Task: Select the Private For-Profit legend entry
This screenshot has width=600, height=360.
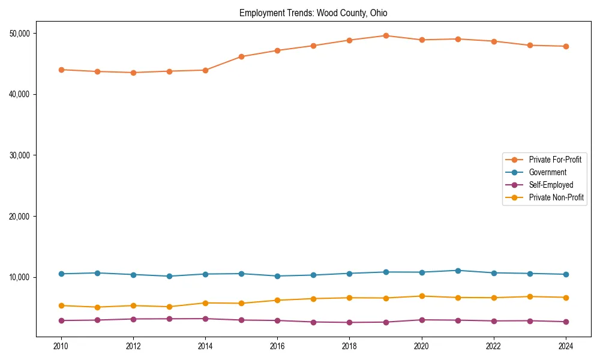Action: [554, 160]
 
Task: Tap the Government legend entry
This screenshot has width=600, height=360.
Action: [547, 172]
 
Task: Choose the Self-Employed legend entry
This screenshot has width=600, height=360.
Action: [551, 185]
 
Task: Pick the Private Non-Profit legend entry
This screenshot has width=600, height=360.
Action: [556, 197]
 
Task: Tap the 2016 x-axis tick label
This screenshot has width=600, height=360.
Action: [277, 346]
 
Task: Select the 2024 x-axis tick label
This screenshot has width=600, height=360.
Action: [566, 346]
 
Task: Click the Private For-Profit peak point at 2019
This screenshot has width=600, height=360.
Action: [386, 35]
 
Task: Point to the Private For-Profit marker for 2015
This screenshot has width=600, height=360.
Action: [241, 56]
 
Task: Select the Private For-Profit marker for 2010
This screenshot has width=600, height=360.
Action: [61, 70]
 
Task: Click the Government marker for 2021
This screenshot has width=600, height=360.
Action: [458, 271]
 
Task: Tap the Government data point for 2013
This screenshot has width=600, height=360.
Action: [169, 276]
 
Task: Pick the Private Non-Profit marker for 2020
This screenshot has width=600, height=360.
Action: [422, 296]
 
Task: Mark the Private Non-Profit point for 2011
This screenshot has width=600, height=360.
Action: [97, 307]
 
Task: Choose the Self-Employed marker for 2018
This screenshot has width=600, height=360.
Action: [350, 322]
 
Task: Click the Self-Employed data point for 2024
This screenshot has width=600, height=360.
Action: [566, 322]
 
